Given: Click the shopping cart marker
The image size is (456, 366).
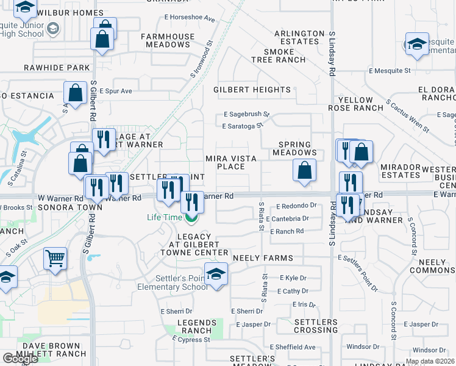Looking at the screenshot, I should click(55, 258).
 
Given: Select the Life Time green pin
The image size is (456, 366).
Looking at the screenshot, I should click(191, 217).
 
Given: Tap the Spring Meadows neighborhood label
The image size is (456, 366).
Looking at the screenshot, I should click(297, 149).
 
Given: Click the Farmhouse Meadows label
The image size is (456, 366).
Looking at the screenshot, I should click(168, 40).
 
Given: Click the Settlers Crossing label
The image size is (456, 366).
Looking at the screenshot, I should click(315, 326).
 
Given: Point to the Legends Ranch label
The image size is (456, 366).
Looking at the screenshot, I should click(193, 326).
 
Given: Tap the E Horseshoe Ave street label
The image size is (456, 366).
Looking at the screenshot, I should click(190, 19).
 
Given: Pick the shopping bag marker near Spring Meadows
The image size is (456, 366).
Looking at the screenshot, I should click(304, 170).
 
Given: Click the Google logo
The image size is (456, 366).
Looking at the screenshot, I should click(20, 359).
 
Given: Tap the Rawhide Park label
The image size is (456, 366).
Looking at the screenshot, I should click(57, 68).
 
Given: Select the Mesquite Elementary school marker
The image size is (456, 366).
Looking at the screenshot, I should click(418, 44).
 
